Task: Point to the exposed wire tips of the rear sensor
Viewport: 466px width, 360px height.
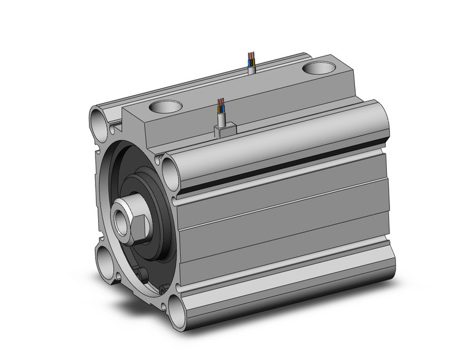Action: tap(250, 57)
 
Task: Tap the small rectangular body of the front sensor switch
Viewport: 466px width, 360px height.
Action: tap(223, 129)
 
